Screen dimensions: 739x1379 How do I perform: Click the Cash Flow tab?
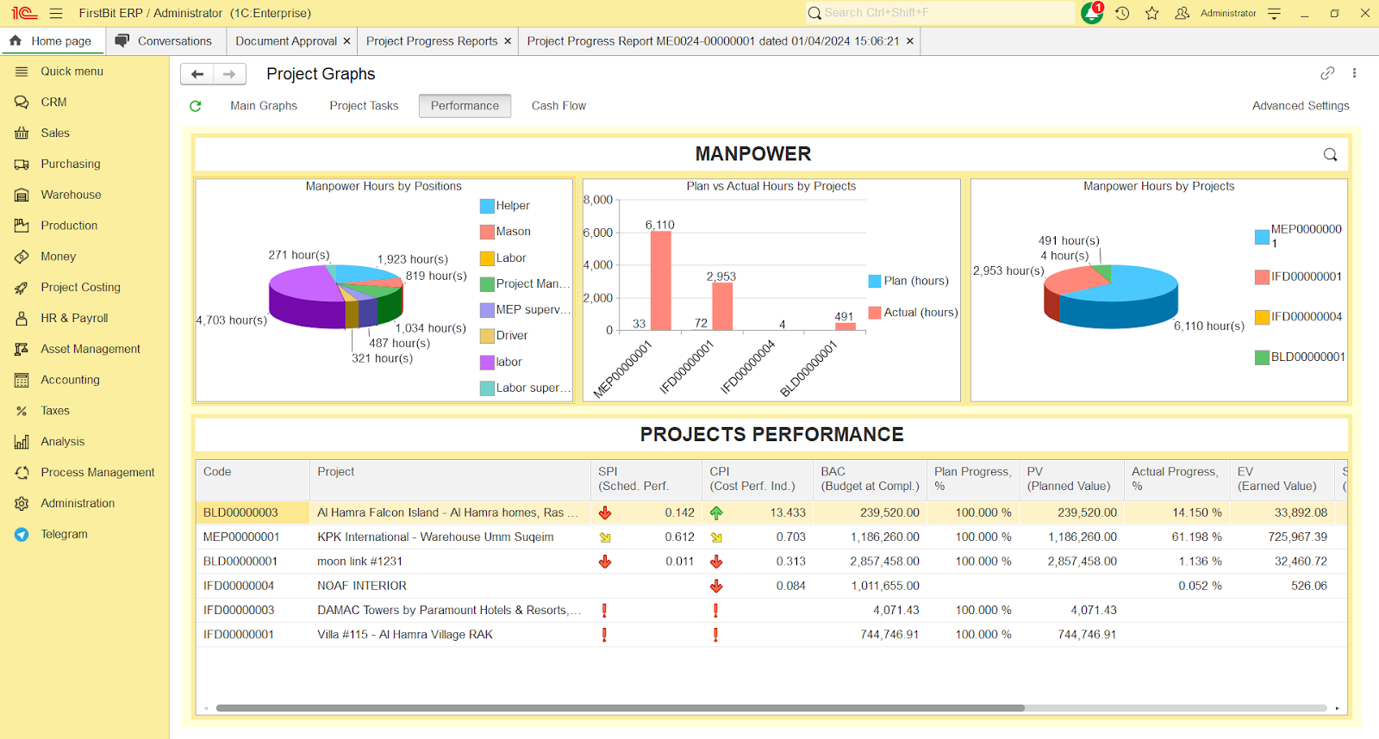point(558,106)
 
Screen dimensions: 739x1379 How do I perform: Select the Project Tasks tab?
point(364,106)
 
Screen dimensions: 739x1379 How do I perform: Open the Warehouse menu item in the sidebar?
point(71,195)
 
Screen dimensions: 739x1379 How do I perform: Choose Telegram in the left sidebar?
point(64,534)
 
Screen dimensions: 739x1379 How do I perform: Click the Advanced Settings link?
point(1300,106)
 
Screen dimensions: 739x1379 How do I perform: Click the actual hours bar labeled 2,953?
point(722,306)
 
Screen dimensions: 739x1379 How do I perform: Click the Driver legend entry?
point(511,336)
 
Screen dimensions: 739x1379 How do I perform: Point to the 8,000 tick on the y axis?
point(598,200)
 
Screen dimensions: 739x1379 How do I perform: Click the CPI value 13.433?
point(788,512)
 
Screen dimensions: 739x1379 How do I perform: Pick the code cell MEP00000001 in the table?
point(241,537)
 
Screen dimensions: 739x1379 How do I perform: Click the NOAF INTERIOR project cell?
point(362,586)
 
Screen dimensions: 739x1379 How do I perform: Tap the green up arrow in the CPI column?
point(716,512)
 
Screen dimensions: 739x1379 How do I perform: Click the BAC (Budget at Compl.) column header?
point(870,479)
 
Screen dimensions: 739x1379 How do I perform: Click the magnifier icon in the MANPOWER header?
point(1330,155)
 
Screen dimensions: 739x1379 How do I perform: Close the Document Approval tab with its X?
point(346,41)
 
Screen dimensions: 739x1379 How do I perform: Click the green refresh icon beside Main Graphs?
point(196,106)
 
